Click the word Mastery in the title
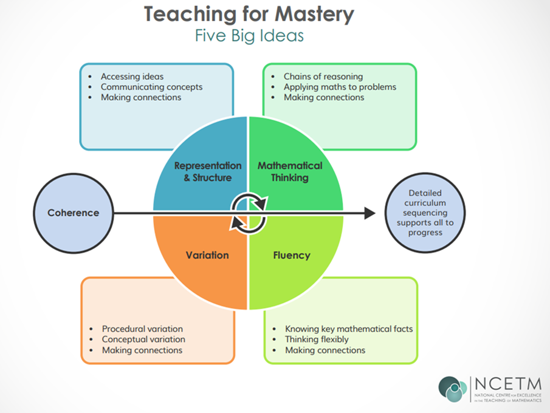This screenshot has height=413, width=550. pos(314,15)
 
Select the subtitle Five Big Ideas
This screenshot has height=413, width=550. pos(249,36)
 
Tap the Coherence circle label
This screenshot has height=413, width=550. pos(74,213)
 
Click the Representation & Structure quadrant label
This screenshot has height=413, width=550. pos(208,171)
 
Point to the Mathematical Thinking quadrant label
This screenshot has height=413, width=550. pos(290,171)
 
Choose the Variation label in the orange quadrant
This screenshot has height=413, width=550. pos(207,255)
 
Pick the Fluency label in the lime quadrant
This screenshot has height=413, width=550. pos(292,255)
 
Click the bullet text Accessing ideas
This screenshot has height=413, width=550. pos(132,77)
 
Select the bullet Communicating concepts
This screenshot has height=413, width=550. pos(151,87)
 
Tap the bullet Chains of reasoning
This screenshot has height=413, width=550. pos(323,77)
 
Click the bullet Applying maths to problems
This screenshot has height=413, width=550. pos(340,87)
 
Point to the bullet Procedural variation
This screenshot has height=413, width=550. pos(142,329)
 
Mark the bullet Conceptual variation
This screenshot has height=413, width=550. pos(143,340)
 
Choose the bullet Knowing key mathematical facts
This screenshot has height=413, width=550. pos(349,329)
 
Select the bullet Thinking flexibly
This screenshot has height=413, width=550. pos(317,340)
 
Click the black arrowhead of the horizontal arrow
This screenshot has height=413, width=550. pos(370,213)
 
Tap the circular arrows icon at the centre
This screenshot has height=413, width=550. pos(249,213)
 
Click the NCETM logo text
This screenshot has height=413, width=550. pos(508,384)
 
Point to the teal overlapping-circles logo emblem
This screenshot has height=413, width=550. pos(453,389)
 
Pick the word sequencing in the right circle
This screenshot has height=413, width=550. pos(425,213)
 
